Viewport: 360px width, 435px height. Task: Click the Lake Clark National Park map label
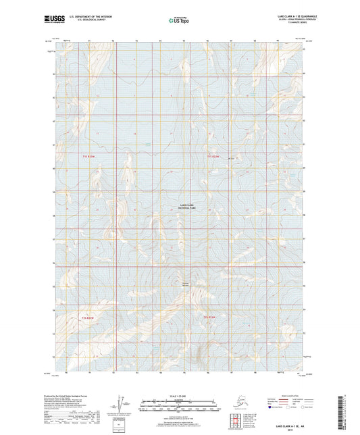(186, 207)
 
